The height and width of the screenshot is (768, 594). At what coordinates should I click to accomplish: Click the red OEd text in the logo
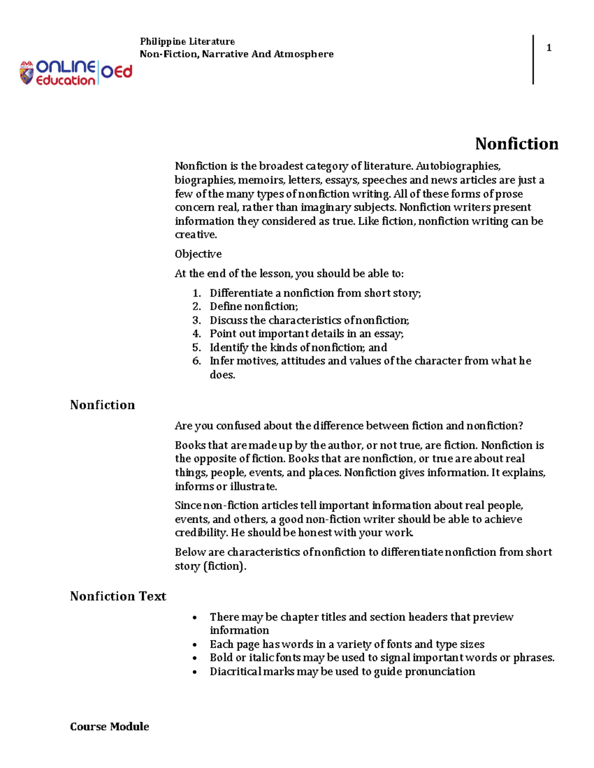pos(117,72)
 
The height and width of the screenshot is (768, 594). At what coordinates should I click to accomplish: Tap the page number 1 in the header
pos(548,48)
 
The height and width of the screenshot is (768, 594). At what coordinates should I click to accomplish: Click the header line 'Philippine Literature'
pos(187,42)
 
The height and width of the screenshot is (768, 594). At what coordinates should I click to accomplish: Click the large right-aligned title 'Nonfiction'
pos(516,144)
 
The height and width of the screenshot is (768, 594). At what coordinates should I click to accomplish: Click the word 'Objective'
pos(198,254)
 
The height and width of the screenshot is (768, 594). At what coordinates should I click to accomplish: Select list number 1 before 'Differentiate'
pos(197,293)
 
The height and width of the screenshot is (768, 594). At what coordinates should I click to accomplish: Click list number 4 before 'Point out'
pos(197,334)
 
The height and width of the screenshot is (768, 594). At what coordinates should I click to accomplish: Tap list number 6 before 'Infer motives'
pos(197,361)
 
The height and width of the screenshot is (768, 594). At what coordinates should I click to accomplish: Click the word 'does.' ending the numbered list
pos(222,375)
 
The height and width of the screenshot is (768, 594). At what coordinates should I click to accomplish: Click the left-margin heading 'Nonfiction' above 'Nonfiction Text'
pos(102,405)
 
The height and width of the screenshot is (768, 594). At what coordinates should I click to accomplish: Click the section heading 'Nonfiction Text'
pos(118,596)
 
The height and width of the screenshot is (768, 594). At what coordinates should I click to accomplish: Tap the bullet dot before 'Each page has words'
pos(195,645)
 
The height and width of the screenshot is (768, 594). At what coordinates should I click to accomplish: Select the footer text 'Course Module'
pos(109,726)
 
